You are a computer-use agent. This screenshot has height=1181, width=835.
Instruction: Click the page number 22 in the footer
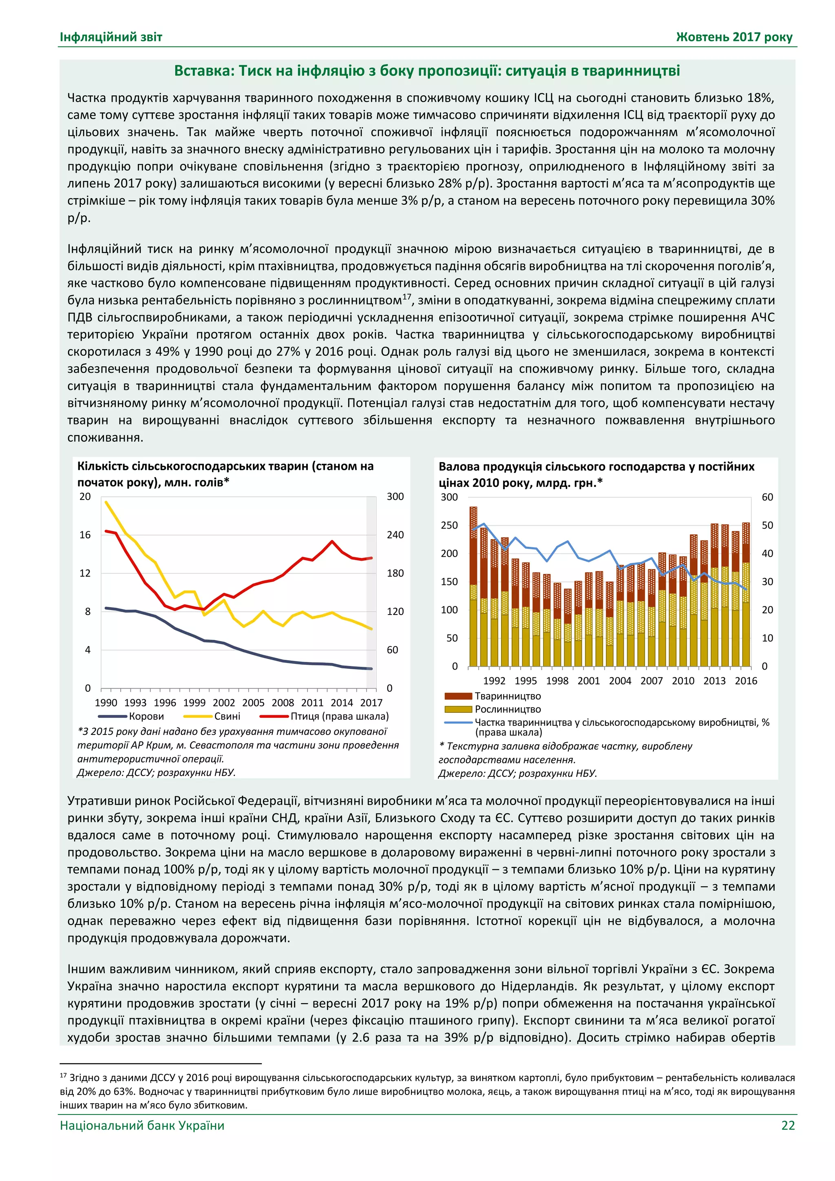coord(788,1126)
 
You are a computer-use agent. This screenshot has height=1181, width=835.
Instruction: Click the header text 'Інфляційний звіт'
coord(111,37)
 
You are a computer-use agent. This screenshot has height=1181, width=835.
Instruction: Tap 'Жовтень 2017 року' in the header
coord(734,37)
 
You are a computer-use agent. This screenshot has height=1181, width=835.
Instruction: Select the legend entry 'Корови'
coord(146,716)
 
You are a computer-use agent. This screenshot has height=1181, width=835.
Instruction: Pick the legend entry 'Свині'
coord(227,716)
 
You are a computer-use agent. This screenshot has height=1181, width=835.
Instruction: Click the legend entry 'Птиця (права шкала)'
coord(339,716)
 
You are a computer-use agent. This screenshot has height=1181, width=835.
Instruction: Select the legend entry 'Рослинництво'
coord(508,709)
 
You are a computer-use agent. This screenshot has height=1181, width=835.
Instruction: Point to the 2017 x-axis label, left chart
coord(371,703)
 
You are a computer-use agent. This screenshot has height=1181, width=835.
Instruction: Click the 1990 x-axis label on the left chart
coord(106,703)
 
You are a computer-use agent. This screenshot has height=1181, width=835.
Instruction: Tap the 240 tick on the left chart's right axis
coord(395,535)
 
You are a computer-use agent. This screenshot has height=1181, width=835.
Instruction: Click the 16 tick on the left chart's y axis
coord(85,535)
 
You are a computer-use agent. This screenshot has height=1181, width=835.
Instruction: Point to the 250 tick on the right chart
coord(449,525)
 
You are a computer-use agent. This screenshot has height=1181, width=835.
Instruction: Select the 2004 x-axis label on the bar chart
coord(620,681)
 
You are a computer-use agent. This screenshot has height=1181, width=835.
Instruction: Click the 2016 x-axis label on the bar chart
coord(746,681)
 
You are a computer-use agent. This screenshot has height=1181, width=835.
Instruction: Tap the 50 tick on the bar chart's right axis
coord(767,525)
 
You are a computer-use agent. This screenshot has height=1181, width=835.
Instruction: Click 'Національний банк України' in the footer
coord(142,1126)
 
